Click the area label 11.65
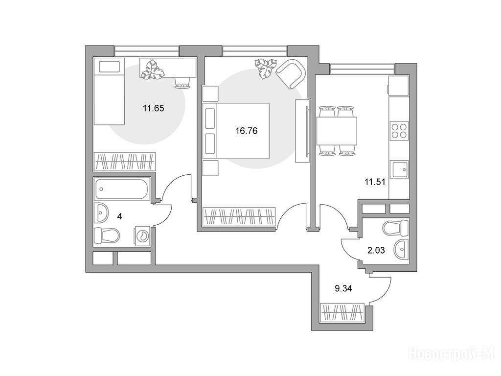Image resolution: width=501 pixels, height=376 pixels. click(x=153, y=108)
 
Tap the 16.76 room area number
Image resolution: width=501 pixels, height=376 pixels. click(x=247, y=131)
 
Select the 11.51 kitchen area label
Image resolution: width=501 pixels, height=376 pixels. click(x=375, y=182)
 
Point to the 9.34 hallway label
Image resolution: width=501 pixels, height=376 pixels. click(x=343, y=289)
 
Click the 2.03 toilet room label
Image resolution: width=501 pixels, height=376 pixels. click(x=376, y=250)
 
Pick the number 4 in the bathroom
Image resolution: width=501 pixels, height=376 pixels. click(x=119, y=216)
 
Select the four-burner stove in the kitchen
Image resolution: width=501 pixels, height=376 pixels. click(x=399, y=130)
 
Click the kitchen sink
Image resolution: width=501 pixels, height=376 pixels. click(x=399, y=169)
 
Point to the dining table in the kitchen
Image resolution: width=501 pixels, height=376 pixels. click(x=337, y=131)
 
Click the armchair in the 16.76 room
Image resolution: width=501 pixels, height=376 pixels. click(x=290, y=74)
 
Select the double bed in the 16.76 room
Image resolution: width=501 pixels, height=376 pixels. click(x=236, y=131)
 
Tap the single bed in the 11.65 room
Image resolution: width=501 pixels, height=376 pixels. click(x=109, y=91)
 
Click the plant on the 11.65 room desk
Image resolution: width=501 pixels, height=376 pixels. click(x=153, y=69)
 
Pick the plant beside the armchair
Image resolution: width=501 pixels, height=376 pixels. click(x=265, y=68)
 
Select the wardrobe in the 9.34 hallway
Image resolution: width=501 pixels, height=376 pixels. click(x=342, y=312)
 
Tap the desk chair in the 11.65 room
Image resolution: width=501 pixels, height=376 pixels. click(x=182, y=82)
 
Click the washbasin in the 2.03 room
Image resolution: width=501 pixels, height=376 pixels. click(x=401, y=249)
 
